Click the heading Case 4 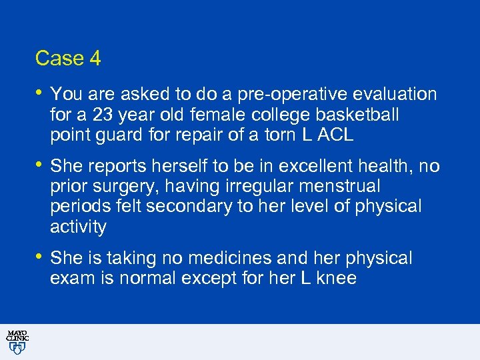(68, 59)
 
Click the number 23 (103, 115)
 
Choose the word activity (78, 227)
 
